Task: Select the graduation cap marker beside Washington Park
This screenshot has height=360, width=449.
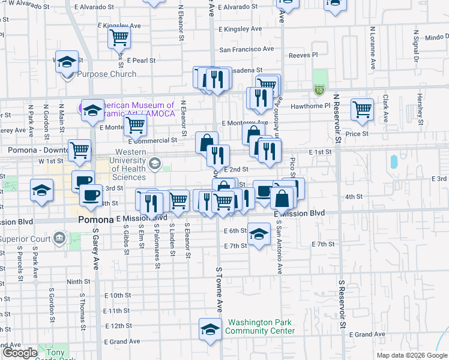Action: (209, 330)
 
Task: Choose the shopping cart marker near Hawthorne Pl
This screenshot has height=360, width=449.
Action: (362, 109)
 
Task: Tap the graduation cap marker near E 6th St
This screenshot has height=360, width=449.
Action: (259, 234)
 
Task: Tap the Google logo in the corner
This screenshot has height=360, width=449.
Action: (19, 353)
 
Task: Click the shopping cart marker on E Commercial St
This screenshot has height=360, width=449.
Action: (136, 125)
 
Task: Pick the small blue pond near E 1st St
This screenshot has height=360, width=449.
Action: (393, 161)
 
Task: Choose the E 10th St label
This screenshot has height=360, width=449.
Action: (117, 295)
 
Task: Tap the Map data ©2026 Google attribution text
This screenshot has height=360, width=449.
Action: (412, 355)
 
